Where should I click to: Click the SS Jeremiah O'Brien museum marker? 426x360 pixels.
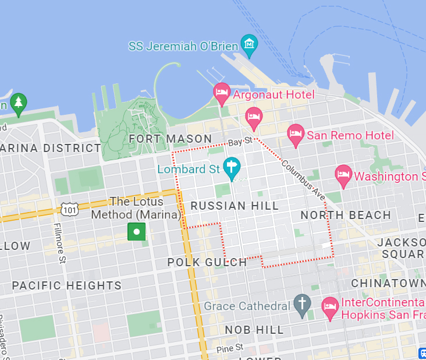[250, 44]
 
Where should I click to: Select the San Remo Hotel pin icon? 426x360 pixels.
[296, 135]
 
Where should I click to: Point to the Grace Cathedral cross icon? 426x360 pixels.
[301, 305]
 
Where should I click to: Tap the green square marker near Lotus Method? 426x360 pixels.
[136, 231]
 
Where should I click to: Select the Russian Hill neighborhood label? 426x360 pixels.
[235, 206]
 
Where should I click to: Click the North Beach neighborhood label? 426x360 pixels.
[346, 215]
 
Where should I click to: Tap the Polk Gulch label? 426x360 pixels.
[207, 262]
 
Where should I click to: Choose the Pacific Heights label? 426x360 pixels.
[67, 285]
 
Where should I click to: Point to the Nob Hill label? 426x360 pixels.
[254, 330]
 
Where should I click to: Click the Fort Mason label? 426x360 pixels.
[171, 139]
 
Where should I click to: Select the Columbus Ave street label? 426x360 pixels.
[303, 181]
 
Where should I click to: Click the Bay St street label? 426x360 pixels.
[240, 142]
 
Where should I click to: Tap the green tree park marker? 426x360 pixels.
[19, 103]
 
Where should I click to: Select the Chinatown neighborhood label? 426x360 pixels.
[388, 283]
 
